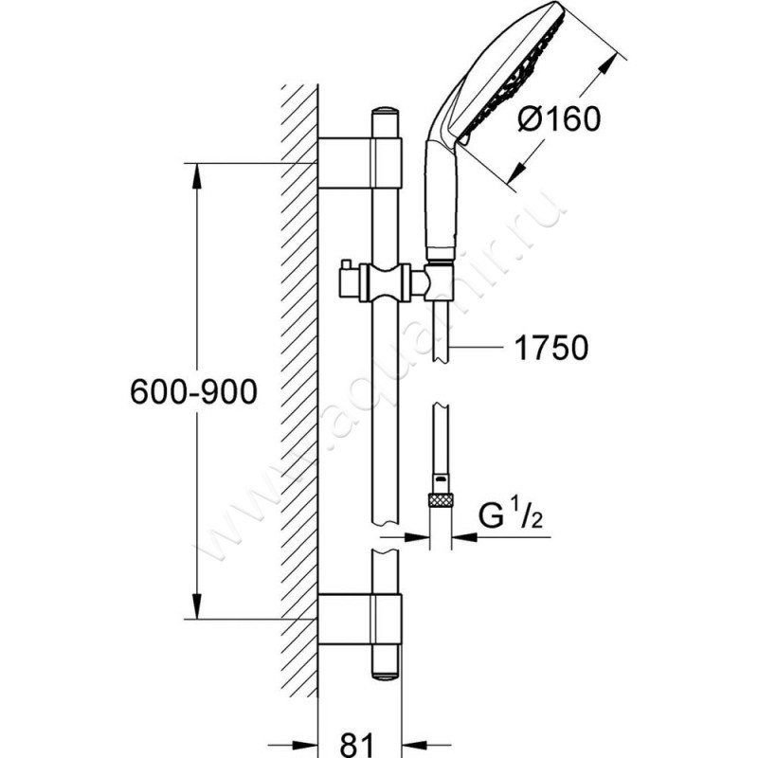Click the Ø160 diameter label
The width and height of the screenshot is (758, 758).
[559, 120]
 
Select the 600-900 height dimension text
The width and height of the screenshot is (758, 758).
[193, 392]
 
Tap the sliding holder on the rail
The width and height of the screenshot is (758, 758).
[384, 281]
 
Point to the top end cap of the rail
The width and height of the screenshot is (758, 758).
[385, 119]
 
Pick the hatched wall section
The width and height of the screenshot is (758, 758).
[299, 379]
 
